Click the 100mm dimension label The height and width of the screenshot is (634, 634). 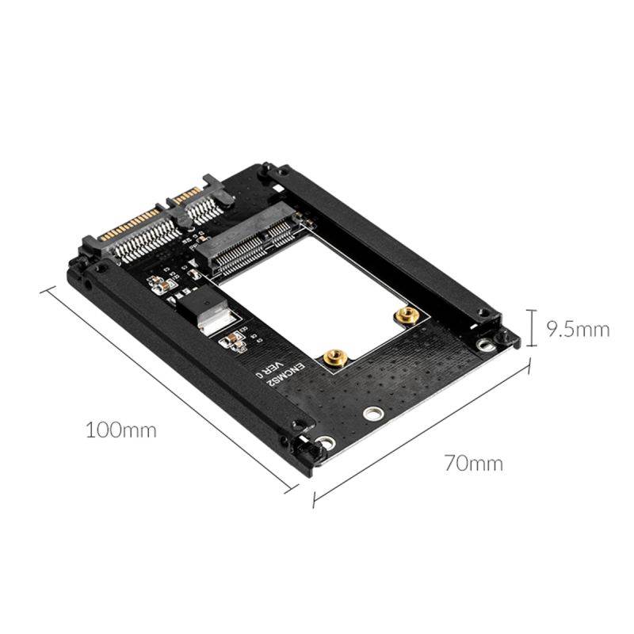[x=120, y=430]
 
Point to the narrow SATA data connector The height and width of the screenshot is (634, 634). [x=201, y=198]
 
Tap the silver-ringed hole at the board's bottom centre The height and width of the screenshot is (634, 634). [x=370, y=414]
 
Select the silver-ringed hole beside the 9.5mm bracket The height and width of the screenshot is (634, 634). [x=481, y=346]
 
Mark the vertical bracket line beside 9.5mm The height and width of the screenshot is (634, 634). [x=531, y=328]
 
